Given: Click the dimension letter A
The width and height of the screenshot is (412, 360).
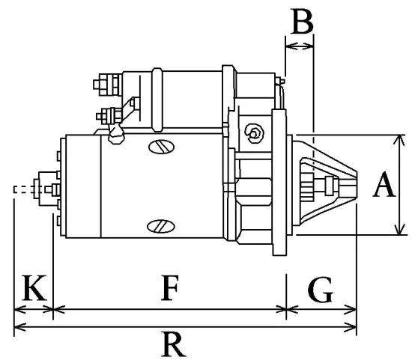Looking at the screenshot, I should (x=384, y=184).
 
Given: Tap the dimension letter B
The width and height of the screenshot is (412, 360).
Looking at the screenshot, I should (x=301, y=22).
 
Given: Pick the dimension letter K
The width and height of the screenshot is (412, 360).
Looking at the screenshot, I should (x=31, y=287).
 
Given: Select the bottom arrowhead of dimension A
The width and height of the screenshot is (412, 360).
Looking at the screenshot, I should (x=395, y=231).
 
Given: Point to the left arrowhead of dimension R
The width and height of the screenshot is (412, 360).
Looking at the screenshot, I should (x=19, y=327).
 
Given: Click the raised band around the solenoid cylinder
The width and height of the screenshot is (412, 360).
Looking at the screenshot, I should (x=157, y=97).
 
